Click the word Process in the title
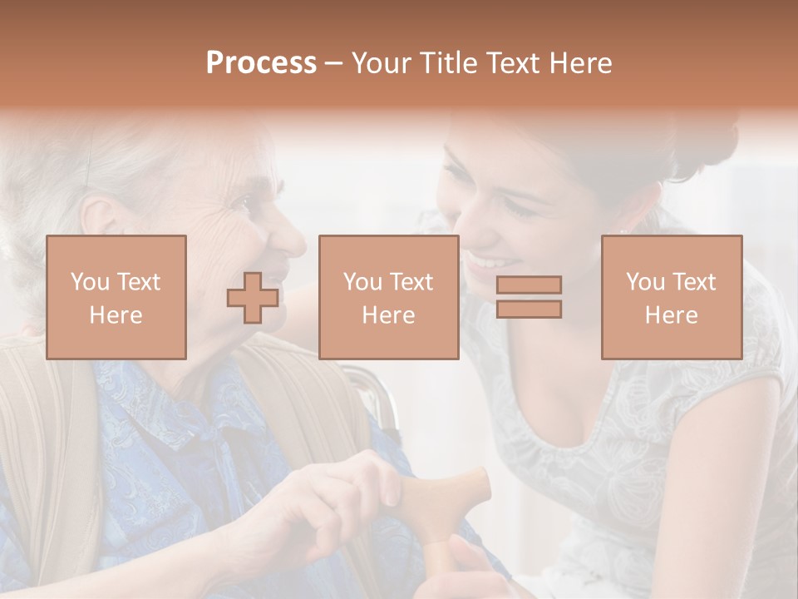click(x=261, y=63)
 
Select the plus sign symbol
click(x=253, y=299)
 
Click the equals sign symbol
click(x=529, y=297)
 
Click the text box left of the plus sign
click(x=116, y=297)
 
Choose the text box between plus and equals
click(x=388, y=297)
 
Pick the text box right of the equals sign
click(x=671, y=297)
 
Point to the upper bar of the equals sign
click(x=529, y=285)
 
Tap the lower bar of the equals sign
click(x=529, y=309)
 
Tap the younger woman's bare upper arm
click(x=740, y=433)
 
